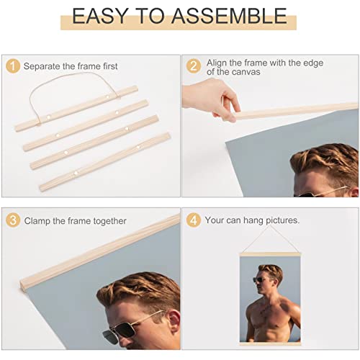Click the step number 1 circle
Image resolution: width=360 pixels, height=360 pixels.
click(12, 66)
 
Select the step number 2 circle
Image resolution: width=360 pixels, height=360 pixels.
click(193, 66)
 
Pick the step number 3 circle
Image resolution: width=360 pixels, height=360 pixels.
click(12, 220)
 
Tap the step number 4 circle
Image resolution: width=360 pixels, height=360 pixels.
click(193, 220)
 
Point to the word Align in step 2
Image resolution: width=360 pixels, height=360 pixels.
click(217, 62)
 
